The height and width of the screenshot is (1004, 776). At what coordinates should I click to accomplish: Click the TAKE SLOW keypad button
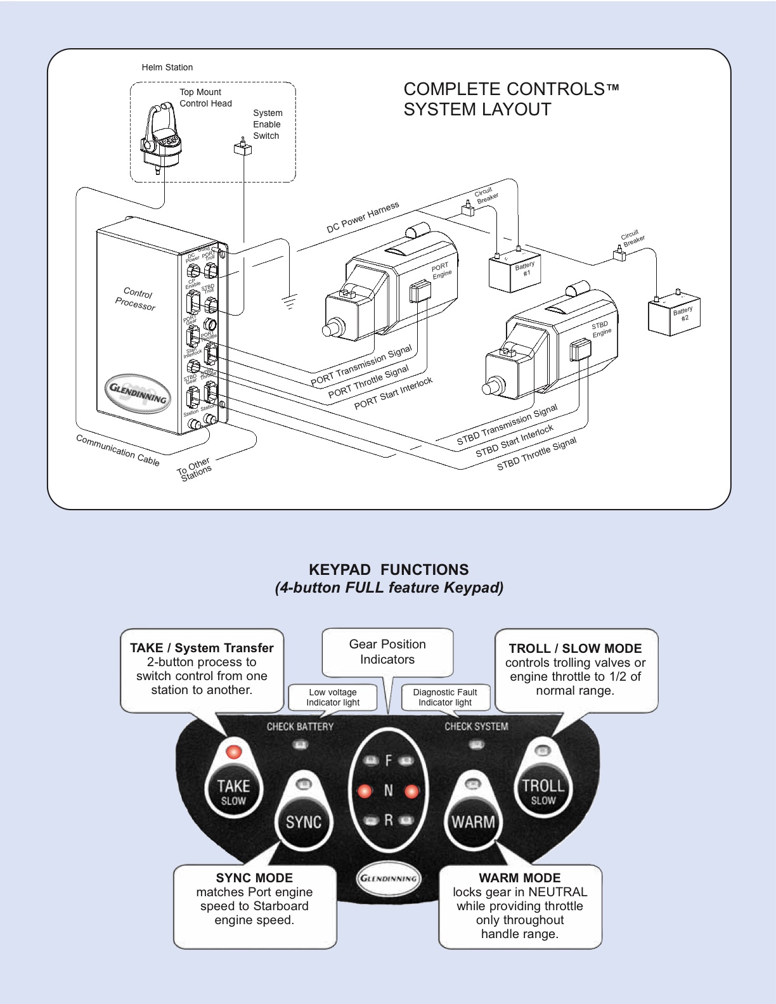tap(233, 792)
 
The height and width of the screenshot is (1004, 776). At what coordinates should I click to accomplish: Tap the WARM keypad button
tap(473, 821)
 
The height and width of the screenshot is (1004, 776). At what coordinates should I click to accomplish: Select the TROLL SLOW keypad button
tap(543, 791)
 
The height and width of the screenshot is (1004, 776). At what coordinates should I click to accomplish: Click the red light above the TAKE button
tap(234, 752)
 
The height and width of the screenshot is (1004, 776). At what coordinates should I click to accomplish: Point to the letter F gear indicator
tap(389, 760)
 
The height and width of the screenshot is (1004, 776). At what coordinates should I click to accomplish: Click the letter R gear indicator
tap(389, 820)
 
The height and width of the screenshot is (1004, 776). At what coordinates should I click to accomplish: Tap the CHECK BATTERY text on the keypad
tap(300, 726)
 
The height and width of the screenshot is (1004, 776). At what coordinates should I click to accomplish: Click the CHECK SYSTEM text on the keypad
tap(476, 726)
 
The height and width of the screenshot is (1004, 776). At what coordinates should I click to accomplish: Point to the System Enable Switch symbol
tap(243, 148)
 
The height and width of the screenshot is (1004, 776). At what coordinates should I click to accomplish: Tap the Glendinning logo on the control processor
tap(138, 393)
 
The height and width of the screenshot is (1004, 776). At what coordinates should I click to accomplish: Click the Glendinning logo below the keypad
tap(388, 878)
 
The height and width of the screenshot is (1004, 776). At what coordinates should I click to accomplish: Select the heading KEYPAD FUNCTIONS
tap(389, 569)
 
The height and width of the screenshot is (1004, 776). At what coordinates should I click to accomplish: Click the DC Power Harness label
tap(363, 217)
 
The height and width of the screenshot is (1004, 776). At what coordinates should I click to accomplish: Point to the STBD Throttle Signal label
tap(536, 454)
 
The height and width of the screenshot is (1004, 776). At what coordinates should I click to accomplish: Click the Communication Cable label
tap(117, 449)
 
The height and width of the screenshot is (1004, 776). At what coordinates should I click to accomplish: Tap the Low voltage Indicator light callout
tap(333, 697)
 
